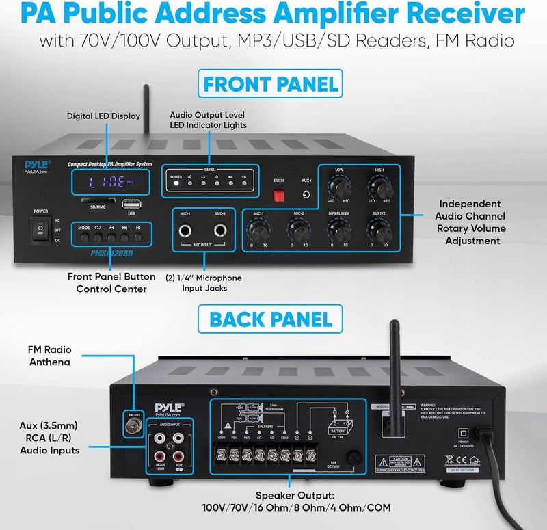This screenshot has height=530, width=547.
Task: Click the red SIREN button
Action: coord(278,196)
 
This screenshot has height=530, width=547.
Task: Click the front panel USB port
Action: coord(128,203)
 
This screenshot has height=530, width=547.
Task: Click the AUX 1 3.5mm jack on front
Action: coord(306,195)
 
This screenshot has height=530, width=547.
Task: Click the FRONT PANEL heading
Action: coord(271,83)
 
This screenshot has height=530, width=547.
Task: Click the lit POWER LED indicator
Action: coord(176,182)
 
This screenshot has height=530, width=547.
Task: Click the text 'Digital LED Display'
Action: coord(103,116)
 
